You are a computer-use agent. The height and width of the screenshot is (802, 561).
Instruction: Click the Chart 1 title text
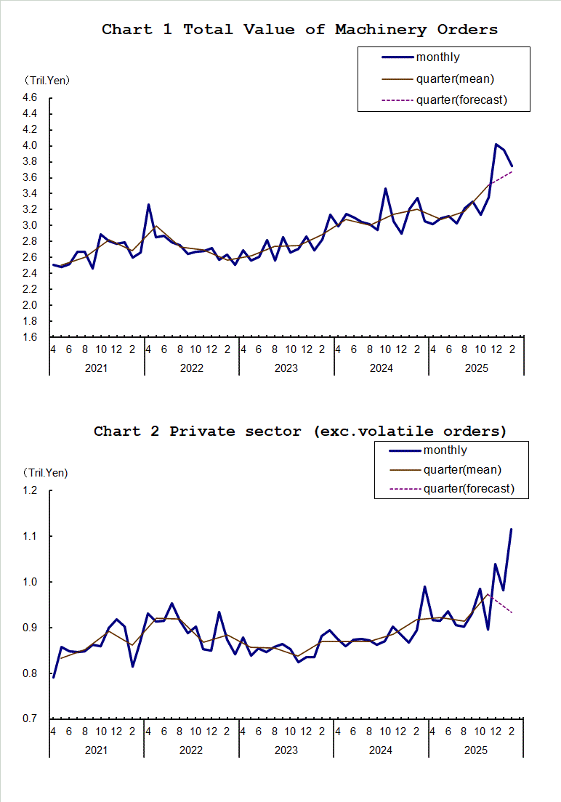(x=299, y=30)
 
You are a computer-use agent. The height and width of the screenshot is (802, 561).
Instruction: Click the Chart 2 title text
(x=299, y=432)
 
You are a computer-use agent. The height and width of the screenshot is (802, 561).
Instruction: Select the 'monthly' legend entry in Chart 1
(x=437, y=57)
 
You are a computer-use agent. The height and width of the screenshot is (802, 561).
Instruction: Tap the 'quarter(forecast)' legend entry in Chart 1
(x=461, y=100)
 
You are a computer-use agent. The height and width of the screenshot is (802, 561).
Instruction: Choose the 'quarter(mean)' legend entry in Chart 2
(x=462, y=470)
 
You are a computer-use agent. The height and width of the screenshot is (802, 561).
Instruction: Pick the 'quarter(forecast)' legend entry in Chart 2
(x=469, y=488)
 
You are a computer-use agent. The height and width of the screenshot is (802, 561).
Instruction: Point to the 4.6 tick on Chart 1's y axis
(x=30, y=97)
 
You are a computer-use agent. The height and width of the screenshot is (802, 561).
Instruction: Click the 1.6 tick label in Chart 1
(x=30, y=337)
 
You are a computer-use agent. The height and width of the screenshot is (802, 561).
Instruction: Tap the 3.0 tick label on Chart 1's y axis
(x=30, y=225)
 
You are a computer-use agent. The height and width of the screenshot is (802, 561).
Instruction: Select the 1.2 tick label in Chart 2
(x=30, y=490)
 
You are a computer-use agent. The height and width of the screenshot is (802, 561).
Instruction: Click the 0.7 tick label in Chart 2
(x=30, y=719)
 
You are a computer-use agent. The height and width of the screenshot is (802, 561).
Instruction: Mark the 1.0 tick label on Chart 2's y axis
(x=30, y=582)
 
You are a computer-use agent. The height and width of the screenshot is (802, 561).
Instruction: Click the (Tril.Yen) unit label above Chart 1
(x=47, y=80)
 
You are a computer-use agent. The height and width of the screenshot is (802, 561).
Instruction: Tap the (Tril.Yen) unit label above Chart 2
(x=45, y=473)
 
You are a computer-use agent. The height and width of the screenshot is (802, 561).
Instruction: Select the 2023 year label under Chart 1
(x=286, y=368)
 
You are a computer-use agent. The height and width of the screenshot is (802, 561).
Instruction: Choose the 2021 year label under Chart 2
(x=96, y=750)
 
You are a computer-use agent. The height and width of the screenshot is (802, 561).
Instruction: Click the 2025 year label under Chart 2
(x=476, y=750)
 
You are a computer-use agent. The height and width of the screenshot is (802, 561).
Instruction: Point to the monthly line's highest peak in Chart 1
(x=496, y=145)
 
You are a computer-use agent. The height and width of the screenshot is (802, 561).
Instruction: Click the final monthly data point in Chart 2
(x=512, y=530)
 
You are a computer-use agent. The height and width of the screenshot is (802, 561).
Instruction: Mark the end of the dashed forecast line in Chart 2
(x=512, y=613)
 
